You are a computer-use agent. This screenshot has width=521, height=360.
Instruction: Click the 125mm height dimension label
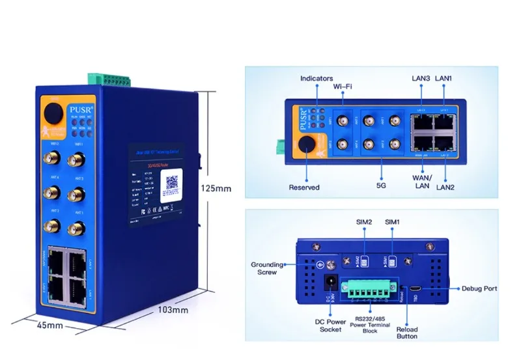[216, 189]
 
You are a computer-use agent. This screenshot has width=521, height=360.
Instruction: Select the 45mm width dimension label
[49, 325]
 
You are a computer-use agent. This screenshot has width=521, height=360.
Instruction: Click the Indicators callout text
[317, 79]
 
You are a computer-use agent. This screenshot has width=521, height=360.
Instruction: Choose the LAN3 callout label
[421, 79]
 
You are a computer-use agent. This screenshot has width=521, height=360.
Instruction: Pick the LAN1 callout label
[445, 79]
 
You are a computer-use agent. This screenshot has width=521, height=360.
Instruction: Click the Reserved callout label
[304, 187]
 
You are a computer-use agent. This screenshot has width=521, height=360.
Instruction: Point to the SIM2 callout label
[364, 222]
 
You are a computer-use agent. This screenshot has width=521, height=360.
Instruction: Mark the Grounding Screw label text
[267, 268]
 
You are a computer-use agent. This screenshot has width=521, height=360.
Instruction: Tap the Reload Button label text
[407, 333]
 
